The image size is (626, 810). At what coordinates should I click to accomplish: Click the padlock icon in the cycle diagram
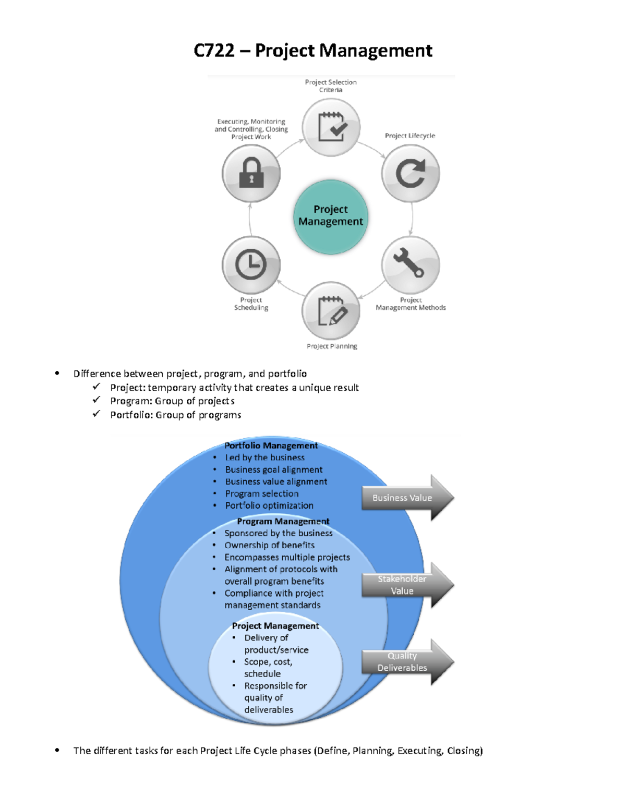pyautogui.click(x=251, y=174)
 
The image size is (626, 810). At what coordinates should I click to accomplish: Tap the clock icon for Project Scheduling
pyautogui.click(x=251, y=265)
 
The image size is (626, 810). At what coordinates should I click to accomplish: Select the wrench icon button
pyautogui.click(x=410, y=264)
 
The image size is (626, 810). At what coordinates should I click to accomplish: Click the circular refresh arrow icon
pyautogui.click(x=410, y=174)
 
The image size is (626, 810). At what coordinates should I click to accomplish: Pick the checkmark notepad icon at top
pyautogui.click(x=331, y=127)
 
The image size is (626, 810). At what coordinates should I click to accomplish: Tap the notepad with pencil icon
pyautogui.click(x=331, y=311)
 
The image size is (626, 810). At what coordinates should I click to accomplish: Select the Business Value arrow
pyautogui.click(x=407, y=498)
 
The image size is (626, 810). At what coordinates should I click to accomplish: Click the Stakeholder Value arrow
pyautogui.click(x=407, y=585)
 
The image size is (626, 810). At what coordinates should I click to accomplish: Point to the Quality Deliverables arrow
pyautogui.click(x=407, y=662)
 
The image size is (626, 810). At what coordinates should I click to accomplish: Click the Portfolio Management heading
pyautogui.click(x=271, y=445)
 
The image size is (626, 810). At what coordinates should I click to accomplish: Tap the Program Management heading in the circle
pyautogui.click(x=283, y=521)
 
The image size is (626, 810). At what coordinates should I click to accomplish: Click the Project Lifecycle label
pyautogui.click(x=410, y=136)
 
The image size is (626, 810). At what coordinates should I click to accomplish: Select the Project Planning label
pyautogui.click(x=332, y=346)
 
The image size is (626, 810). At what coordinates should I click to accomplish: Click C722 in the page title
pyautogui.click(x=214, y=51)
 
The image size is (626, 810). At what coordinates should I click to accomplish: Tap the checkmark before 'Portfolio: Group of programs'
pyautogui.click(x=97, y=414)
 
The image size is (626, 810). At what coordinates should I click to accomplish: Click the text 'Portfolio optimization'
pyautogui.click(x=269, y=505)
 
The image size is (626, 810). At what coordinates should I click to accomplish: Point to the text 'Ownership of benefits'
pyautogui.click(x=269, y=545)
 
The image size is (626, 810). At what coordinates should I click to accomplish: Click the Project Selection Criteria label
pyautogui.click(x=331, y=86)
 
